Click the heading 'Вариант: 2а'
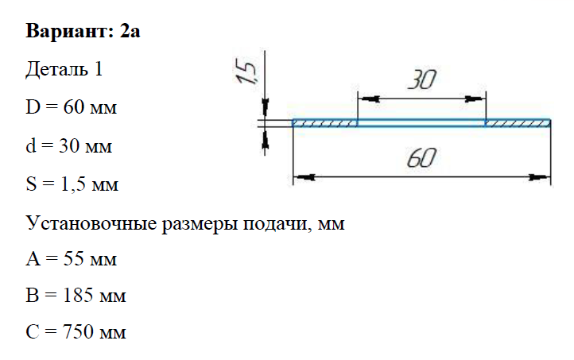pos(83,32)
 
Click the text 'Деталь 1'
pos(64,70)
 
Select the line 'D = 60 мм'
pos(72,108)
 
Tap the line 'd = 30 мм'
pos(70,146)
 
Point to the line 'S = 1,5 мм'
pos(72,185)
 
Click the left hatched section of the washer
pos(324,123)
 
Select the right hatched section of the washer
pos(517,123)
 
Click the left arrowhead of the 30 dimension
pos(367,99)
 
